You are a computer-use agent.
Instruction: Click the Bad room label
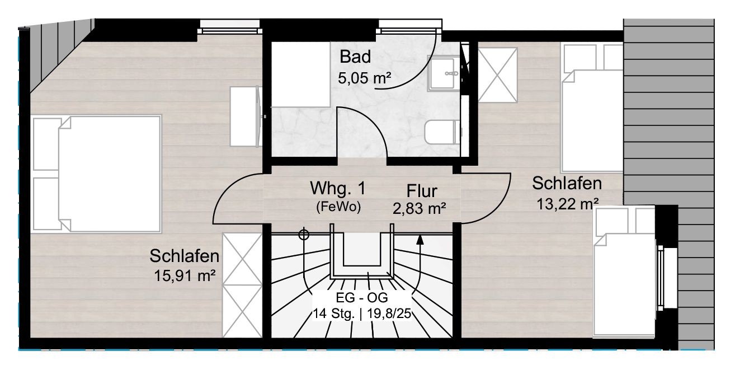(x=355, y=57)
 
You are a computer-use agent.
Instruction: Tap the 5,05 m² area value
(x=365, y=78)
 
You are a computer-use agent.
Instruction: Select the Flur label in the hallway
(x=422, y=191)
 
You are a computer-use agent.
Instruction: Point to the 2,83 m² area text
(x=420, y=209)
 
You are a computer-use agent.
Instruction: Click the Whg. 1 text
(x=338, y=189)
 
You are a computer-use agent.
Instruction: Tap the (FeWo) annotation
(x=338, y=207)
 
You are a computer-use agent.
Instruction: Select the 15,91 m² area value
(x=185, y=276)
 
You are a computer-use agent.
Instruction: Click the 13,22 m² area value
(x=567, y=204)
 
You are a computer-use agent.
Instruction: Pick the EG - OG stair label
(x=361, y=298)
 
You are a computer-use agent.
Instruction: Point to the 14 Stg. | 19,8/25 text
(x=361, y=314)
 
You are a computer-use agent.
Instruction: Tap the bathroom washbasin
(x=444, y=73)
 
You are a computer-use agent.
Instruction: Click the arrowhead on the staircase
(x=420, y=240)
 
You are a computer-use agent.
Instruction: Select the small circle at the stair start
(x=304, y=235)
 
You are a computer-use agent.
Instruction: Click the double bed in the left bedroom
(x=97, y=174)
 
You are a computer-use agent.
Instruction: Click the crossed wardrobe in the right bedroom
(x=498, y=75)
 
